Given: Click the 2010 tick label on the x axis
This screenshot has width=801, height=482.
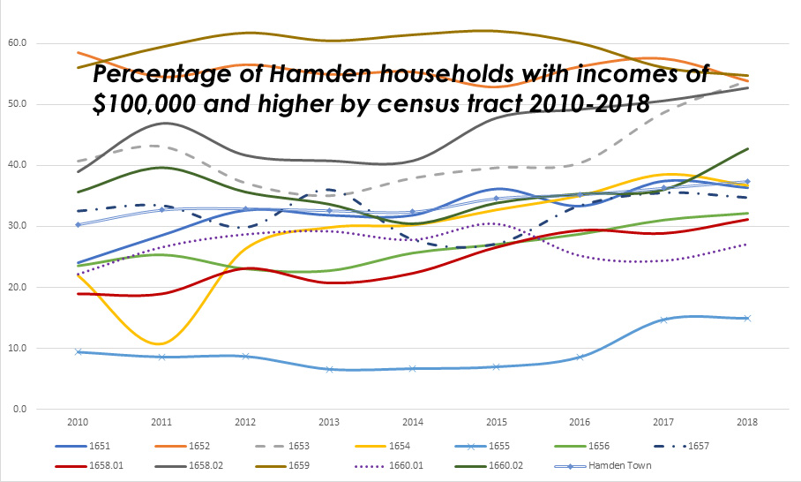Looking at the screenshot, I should tap(78, 423).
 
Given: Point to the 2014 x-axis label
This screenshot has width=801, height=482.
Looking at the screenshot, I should tap(413, 423).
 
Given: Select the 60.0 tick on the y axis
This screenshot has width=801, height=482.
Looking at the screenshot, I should tap(17, 42).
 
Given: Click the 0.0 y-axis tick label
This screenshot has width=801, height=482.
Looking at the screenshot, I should tap(19, 409).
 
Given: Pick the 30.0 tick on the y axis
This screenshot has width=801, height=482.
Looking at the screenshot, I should tap(17, 226).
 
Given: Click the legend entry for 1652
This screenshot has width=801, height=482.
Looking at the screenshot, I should tap(198, 447).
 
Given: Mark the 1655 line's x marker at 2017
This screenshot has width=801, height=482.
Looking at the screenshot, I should tap(664, 320).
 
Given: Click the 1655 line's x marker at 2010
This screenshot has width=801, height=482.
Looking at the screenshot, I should tap(78, 351).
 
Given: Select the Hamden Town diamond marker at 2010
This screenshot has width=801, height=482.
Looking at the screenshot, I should tap(78, 224).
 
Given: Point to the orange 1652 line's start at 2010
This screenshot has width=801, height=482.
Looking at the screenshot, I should tap(78, 53).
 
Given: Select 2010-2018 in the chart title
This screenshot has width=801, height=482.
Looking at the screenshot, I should tap(579, 104).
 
